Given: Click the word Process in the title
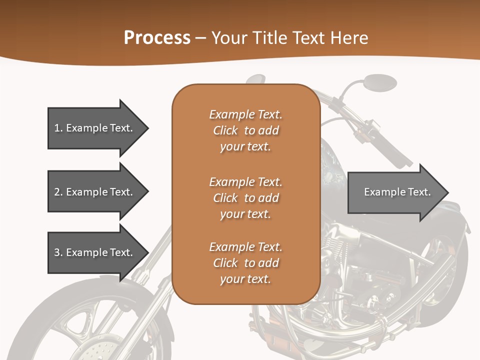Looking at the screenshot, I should click(x=157, y=38).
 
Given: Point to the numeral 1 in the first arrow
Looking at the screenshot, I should click(x=57, y=128).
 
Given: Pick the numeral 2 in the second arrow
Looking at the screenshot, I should click(x=57, y=192).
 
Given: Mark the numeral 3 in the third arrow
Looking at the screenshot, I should click(x=57, y=252).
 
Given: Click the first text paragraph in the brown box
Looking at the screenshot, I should click(x=245, y=130).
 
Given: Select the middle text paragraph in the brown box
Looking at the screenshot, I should click(x=245, y=198).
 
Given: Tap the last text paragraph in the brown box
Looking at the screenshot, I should click(x=245, y=263).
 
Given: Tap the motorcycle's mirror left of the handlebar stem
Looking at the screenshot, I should click(x=256, y=79).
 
